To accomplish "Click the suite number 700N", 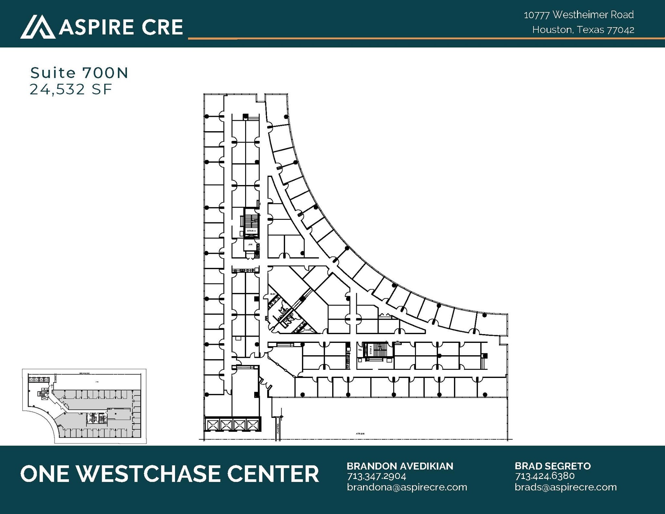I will [x=105, y=73].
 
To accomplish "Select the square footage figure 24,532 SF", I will [x=71, y=89].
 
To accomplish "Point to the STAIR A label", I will [x=251, y=231].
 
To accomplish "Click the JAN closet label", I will [x=250, y=244].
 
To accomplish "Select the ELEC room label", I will [x=273, y=294].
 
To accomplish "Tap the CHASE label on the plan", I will [x=307, y=330].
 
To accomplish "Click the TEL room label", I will [x=360, y=350].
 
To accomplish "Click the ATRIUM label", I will [x=360, y=433].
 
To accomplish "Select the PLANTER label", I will [x=278, y=429].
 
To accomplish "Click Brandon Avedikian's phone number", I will [x=376, y=476].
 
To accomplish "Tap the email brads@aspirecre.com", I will [x=565, y=487].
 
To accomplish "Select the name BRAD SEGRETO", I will [x=552, y=466].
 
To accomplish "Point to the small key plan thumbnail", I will [x=84, y=406].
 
